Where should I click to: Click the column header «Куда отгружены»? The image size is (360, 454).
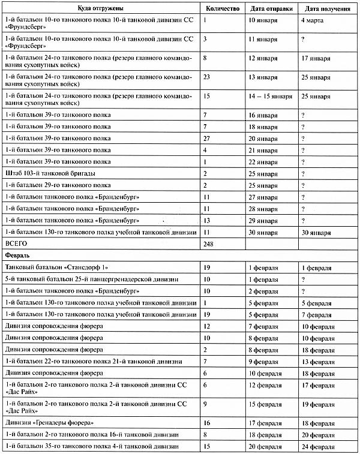click(100, 9)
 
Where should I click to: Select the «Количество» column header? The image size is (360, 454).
click(222, 9)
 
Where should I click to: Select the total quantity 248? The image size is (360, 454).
click(209, 244)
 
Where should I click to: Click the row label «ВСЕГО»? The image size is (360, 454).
click(17, 244)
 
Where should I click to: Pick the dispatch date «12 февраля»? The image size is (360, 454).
click(266, 384)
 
